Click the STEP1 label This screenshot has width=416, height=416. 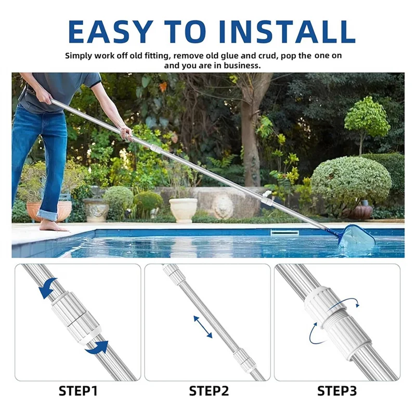click(77, 391)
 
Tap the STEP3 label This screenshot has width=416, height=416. click(337, 391)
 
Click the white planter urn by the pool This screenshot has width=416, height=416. click(183, 210)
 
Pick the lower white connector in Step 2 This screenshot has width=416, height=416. click(242, 359)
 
